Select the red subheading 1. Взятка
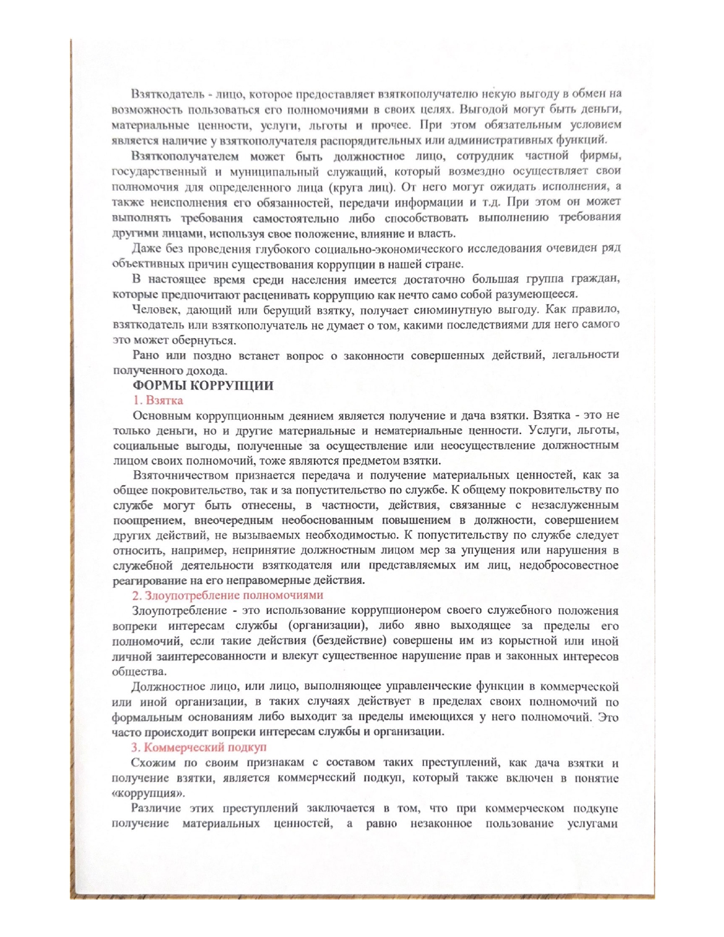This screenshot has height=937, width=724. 158,400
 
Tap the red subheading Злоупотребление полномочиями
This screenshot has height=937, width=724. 228,596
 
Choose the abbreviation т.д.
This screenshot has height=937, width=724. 491,202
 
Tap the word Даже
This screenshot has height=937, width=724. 145,249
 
